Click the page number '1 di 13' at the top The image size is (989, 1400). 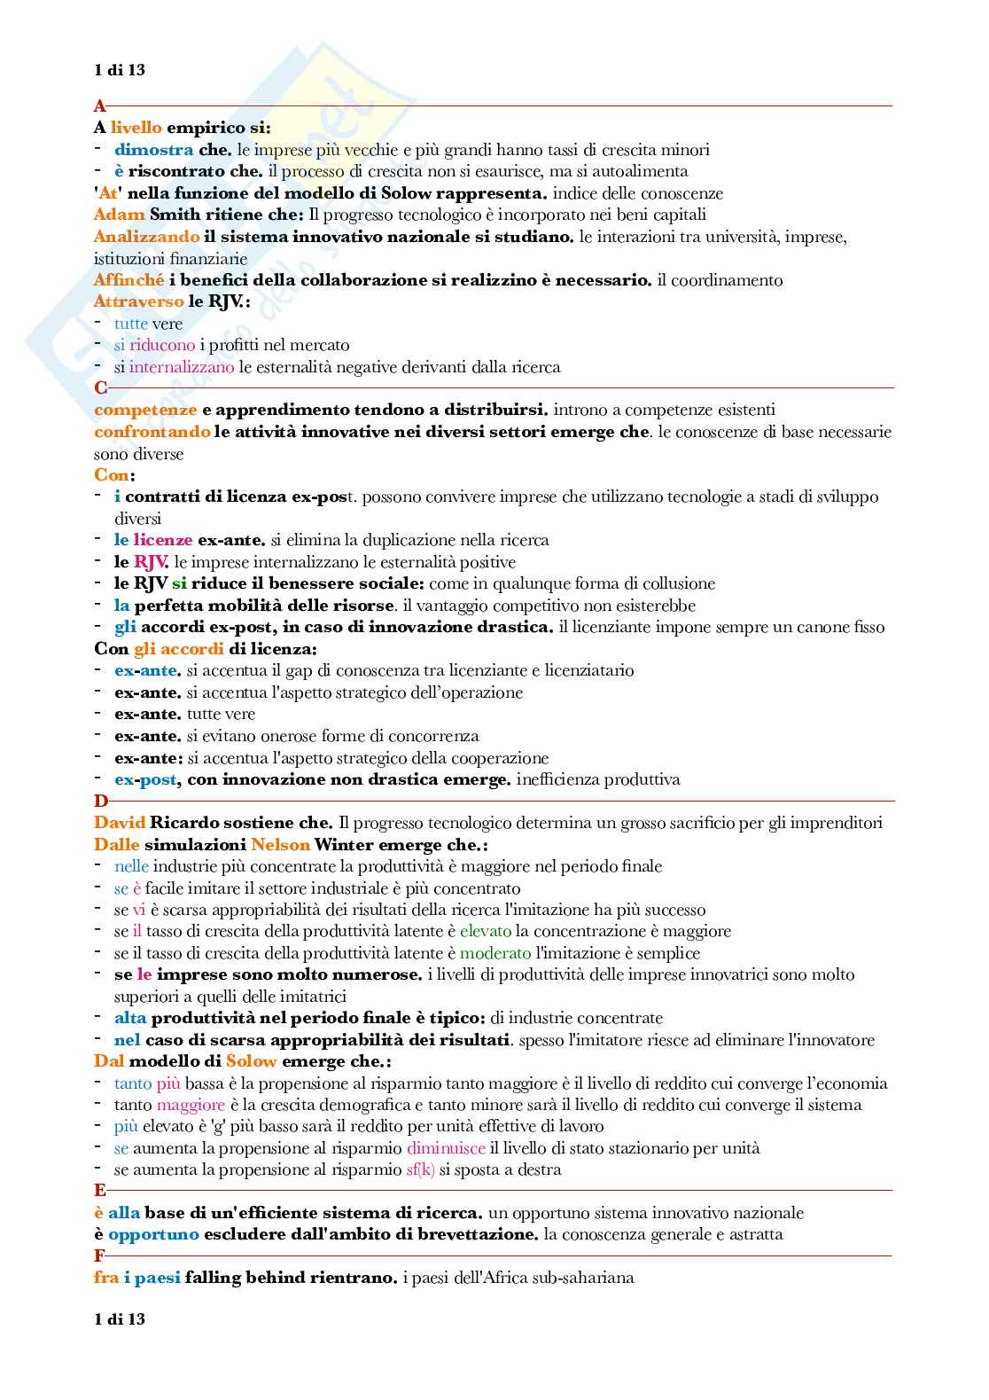[120, 70]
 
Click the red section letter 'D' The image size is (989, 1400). [100, 802]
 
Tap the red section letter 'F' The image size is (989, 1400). [99, 1255]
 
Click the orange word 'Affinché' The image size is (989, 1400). [128, 280]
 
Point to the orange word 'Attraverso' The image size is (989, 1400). [138, 301]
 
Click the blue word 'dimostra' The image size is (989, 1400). [153, 150]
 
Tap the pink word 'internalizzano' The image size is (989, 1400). [182, 366]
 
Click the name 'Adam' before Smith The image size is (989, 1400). [119, 215]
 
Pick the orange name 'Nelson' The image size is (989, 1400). [280, 845]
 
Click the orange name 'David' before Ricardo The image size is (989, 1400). [120, 823]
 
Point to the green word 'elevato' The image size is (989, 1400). [486, 931]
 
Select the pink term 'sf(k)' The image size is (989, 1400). [420, 1169]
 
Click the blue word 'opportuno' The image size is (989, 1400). [153, 1234]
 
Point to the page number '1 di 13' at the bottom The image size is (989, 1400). [120, 1319]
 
